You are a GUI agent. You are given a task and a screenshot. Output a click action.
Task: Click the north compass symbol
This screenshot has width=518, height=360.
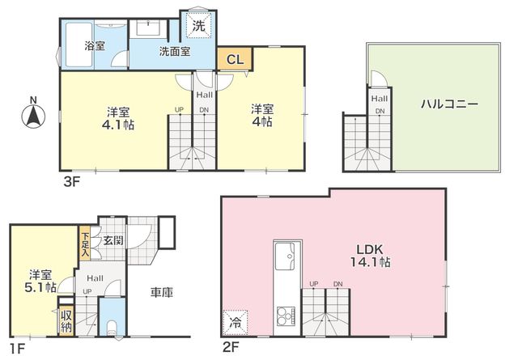[x=33, y=113]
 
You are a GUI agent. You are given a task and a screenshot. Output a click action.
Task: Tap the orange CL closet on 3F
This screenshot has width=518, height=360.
[x=235, y=59]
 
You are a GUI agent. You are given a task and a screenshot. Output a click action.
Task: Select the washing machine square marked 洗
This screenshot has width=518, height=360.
[x=198, y=26]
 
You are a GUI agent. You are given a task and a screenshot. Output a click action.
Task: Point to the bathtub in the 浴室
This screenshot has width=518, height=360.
[x=79, y=44]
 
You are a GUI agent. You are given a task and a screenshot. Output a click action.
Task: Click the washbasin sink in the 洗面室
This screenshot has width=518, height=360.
[x=148, y=28]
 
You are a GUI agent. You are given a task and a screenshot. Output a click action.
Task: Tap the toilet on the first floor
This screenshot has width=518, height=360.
[x=113, y=328]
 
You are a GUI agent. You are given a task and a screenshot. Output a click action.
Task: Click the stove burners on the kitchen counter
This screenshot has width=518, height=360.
[x=287, y=316]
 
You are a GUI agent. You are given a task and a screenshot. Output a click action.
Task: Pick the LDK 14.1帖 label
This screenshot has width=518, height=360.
[x=370, y=256]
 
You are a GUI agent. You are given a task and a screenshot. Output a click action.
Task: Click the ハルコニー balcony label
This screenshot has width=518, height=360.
[x=450, y=104]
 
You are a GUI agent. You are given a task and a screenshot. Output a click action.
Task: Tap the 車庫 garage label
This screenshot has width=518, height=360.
[x=162, y=292]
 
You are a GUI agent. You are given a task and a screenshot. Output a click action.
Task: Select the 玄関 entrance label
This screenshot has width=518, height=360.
[x=113, y=240]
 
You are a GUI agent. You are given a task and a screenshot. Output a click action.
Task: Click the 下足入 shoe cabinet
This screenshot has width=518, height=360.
[x=85, y=243]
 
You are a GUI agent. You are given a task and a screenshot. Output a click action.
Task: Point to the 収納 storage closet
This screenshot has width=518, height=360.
[x=66, y=321]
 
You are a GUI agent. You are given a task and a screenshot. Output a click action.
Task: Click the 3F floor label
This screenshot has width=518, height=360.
[x=72, y=182]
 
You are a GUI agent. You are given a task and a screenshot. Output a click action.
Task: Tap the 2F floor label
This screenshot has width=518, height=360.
[x=230, y=347]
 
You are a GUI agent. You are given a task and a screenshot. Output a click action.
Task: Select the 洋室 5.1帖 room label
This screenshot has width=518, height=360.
[x=40, y=281]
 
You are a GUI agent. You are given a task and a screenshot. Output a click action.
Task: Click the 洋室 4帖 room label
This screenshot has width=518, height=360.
[x=262, y=115]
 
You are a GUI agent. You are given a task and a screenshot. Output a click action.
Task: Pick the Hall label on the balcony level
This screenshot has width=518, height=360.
[x=380, y=99]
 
